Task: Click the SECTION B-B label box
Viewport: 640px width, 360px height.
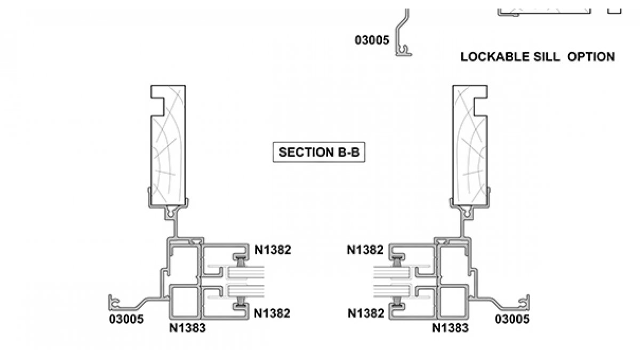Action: (319, 152)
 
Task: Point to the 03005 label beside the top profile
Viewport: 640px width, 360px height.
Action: (372, 40)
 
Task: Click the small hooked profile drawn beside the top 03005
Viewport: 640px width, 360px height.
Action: (404, 37)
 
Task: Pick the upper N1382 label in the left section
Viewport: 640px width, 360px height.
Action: (272, 250)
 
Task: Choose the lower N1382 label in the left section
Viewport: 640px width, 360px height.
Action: (272, 314)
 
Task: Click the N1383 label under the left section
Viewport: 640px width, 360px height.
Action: (187, 327)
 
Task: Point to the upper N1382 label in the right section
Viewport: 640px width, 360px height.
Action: (365, 250)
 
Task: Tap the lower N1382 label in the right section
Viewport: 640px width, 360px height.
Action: (366, 314)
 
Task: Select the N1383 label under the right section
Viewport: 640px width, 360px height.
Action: (450, 327)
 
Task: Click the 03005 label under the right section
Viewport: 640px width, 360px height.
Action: (512, 319)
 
